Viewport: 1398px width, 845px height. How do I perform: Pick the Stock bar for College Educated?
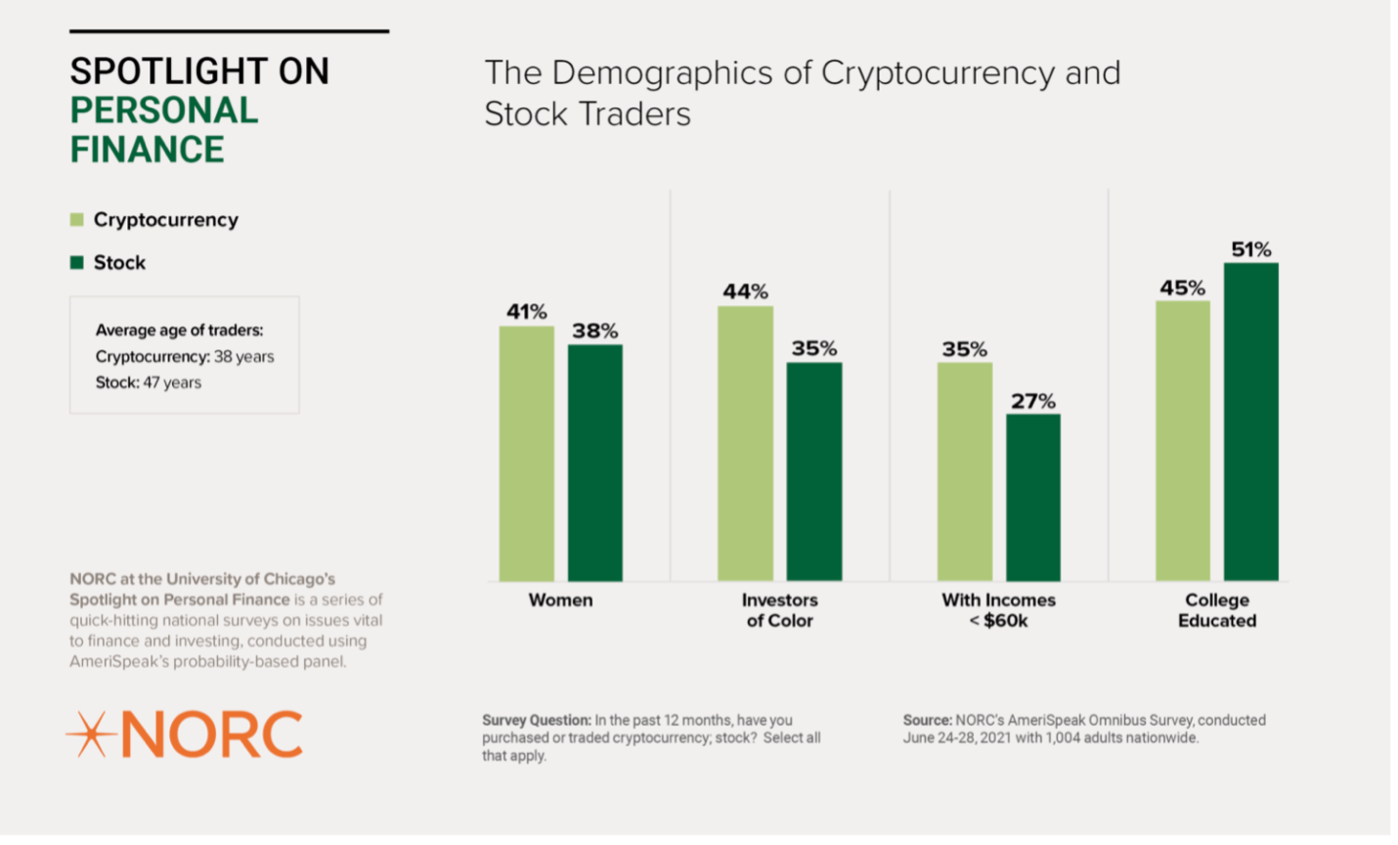point(1250,422)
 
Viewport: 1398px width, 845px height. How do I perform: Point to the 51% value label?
point(1250,249)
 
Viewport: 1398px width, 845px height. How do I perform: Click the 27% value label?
point(1032,401)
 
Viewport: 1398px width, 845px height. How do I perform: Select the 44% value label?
point(745,291)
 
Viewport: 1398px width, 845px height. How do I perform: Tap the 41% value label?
point(526,312)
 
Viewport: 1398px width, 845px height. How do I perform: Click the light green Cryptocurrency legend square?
point(77,220)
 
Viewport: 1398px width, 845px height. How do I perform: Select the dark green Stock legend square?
point(77,262)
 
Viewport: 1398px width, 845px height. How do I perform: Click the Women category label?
point(560,600)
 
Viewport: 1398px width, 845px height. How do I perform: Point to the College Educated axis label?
point(1217,609)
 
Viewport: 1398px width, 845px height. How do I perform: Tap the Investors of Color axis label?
point(779,609)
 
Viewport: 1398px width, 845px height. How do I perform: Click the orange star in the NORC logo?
point(90,734)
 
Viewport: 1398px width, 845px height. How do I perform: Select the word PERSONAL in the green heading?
point(164,111)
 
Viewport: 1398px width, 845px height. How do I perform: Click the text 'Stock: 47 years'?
point(149,382)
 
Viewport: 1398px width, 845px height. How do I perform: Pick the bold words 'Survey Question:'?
point(536,720)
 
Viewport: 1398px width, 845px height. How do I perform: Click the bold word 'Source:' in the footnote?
point(927,720)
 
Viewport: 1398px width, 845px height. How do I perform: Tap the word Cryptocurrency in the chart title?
point(938,73)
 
